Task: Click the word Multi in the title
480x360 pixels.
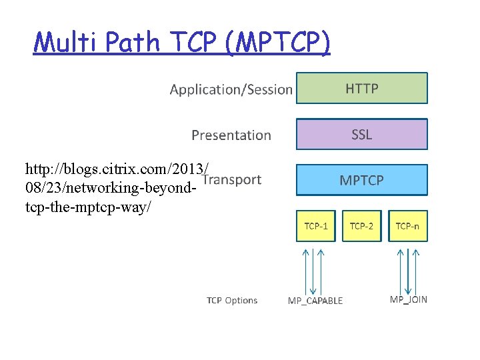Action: tap(61, 43)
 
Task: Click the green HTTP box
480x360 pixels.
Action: tap(361, 89)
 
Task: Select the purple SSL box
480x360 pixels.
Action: tap(361, 135)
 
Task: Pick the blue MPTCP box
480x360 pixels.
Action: tap(361, 180)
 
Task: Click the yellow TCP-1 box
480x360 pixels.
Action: tap(316, 226)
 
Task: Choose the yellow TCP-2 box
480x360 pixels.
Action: tap(361, 226)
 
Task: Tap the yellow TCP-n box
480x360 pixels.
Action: tap(407, 226)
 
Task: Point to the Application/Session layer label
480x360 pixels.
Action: tap(231, 89)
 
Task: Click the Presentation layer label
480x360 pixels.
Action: tap(231, 135)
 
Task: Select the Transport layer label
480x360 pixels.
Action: tap(232, 179)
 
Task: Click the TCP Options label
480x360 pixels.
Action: tap(231, 301)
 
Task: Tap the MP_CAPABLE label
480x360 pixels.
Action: tap(315, 301)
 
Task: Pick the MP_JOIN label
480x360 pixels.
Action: tap(408, 299)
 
